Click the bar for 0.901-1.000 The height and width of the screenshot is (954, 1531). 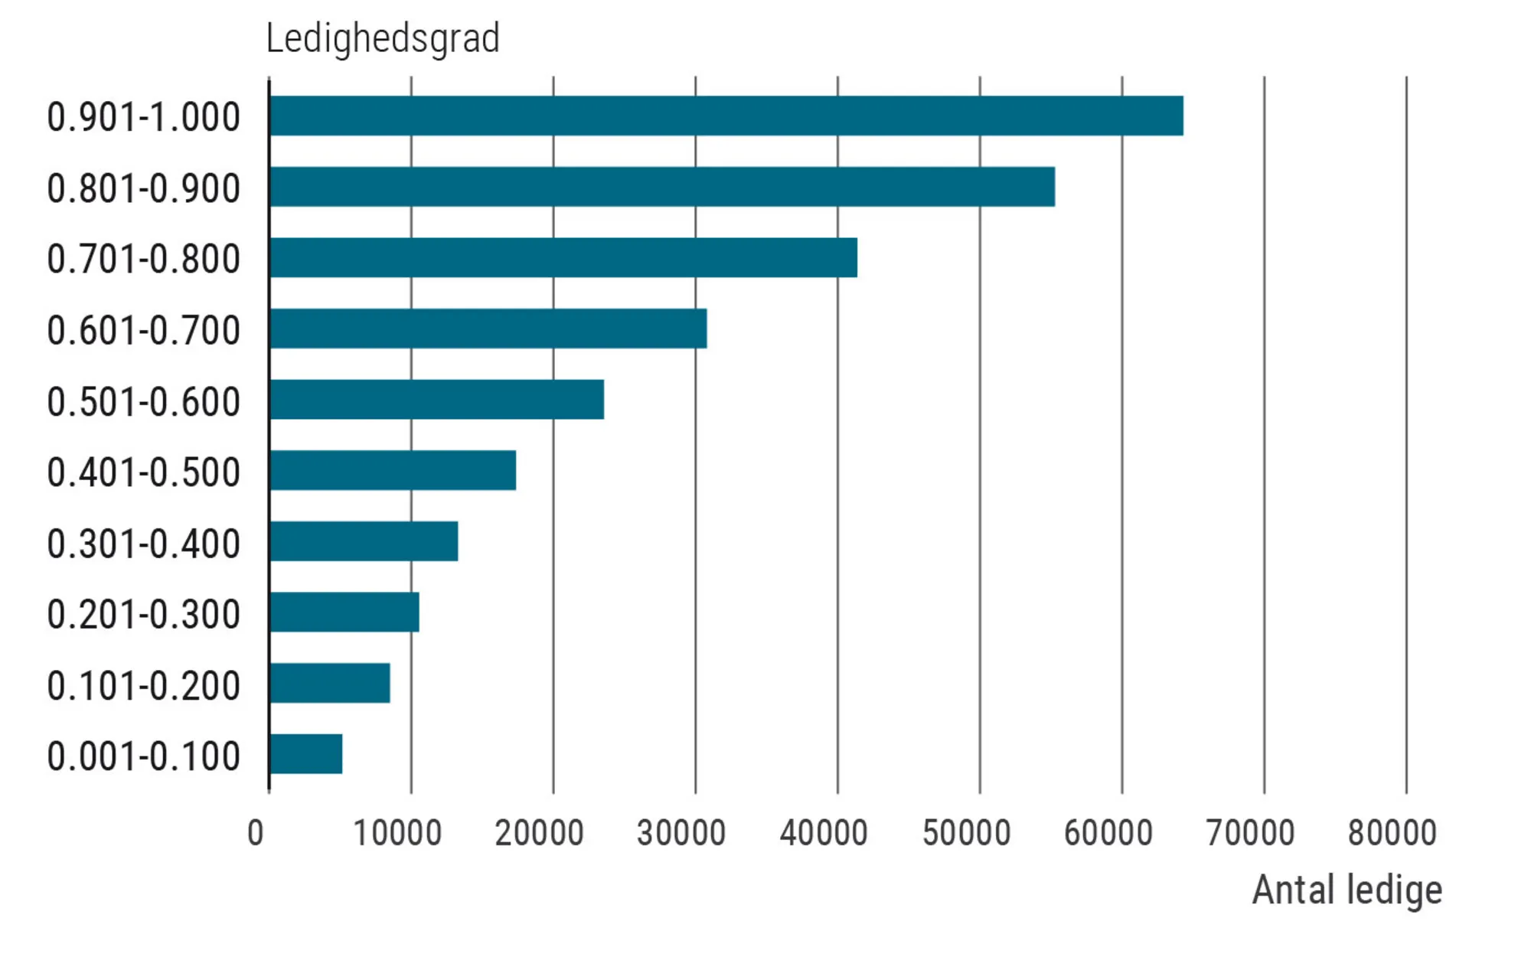[x=726, y=116]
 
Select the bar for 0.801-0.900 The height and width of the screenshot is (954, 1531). [x=662, y=187]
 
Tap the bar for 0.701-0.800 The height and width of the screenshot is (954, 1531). [x=563, y=257]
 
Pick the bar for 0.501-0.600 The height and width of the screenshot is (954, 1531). [x=436, y=400]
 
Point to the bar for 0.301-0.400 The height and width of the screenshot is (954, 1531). [x=364, y=541]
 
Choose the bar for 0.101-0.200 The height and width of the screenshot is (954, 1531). [x=330, y=683]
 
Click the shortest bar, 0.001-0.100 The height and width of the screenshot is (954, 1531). [x=306, y=754]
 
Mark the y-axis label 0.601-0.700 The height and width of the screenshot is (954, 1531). [x=143, y=331]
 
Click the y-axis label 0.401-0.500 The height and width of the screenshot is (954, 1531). [x=143, y=472]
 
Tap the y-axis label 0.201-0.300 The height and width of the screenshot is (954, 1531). [x=143, y=614]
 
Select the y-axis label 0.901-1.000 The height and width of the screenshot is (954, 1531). [x=143, y=117]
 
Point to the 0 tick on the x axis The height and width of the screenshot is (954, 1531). [x=256, y=833]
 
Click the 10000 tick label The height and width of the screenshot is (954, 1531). [x=397, y=833]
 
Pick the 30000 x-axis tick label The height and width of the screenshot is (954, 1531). [x=681, y=833]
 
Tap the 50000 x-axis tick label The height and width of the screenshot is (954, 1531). [x=966, y=833]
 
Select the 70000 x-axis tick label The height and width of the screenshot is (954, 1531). [x=1250, y=833]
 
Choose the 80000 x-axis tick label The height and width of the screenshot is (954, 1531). [x=1392, y=833]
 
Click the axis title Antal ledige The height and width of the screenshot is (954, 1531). [x=1347, y=890]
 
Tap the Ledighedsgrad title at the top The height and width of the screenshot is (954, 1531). [x=383, y=38]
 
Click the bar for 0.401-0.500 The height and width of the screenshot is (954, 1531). [x=393, y=470]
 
